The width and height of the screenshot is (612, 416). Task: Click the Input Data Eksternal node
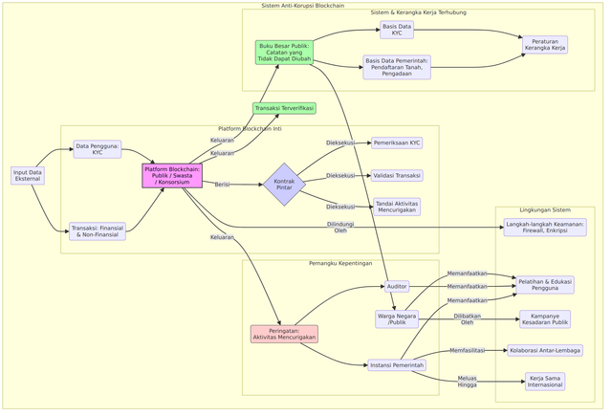(28, 176)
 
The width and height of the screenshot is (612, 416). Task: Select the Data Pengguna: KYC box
(98, 149)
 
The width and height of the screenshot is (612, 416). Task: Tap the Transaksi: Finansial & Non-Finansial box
(98, 230)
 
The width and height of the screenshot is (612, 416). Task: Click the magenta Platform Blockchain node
(172, 176)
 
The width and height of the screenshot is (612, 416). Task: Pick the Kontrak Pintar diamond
(284, 184)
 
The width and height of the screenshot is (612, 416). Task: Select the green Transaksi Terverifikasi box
(284, 108)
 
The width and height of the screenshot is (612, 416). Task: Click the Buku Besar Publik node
(284, 52)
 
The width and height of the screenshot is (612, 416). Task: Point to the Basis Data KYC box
(397, 30)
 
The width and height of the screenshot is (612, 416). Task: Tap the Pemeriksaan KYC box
(397, 142)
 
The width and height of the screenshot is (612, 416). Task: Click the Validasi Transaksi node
(397, 176)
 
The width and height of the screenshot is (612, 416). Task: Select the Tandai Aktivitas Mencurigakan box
(397, 207)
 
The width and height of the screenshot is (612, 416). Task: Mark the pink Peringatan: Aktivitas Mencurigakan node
(284, 334)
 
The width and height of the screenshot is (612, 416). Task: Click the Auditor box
(397, 286)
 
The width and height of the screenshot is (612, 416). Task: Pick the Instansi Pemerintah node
(397, 364)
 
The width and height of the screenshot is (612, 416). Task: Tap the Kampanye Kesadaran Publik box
(545, 319)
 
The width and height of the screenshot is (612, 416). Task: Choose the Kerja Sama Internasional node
(545, 382)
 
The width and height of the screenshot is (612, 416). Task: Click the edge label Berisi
(222, 185)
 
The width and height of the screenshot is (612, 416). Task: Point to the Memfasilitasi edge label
(467, 351)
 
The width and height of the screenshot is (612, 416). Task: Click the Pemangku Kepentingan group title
(340, 264)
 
